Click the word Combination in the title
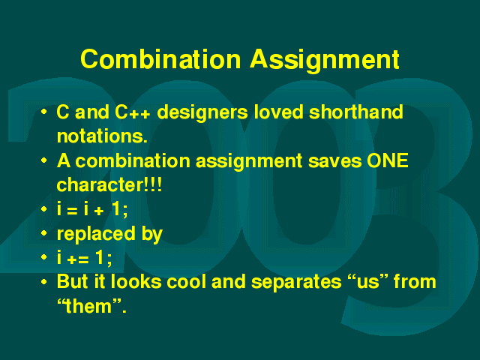(160, 59)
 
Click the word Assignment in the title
(325, 61)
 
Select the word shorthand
(356, 112)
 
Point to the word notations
(102, 136)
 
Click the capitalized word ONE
(388, 160)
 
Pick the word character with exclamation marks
(109, 184)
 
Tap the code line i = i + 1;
(92, 209)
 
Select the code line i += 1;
(85, 257)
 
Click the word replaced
(96, 235)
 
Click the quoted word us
(368, 282)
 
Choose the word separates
(296, 283)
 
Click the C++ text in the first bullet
(133, 112)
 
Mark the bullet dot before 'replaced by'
(44, 233)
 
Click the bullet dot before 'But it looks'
(44, 282)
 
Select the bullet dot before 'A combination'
(44, 160)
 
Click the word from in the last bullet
(415, 281)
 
